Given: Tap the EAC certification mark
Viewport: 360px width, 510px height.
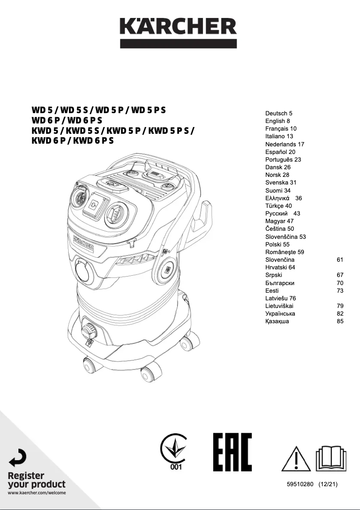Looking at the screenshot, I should (232, 452).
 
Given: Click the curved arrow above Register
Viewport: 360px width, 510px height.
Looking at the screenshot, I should (18, 457).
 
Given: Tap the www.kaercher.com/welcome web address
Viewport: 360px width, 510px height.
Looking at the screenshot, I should (37, 493).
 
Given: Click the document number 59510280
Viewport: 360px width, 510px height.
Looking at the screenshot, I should (300, 484).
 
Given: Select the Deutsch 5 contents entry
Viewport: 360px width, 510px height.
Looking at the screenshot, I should (279, 114).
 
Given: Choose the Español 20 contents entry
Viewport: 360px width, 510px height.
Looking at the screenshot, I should (280, 152).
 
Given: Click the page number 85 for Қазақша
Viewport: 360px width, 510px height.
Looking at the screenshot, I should (340, 321).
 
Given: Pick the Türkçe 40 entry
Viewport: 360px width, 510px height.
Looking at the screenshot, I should (278, 206).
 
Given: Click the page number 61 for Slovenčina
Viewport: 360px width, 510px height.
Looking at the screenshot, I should (340, 259).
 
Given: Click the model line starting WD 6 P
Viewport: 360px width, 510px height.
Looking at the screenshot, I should (67, 120).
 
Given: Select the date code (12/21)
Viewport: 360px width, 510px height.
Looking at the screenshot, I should (328, 484).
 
